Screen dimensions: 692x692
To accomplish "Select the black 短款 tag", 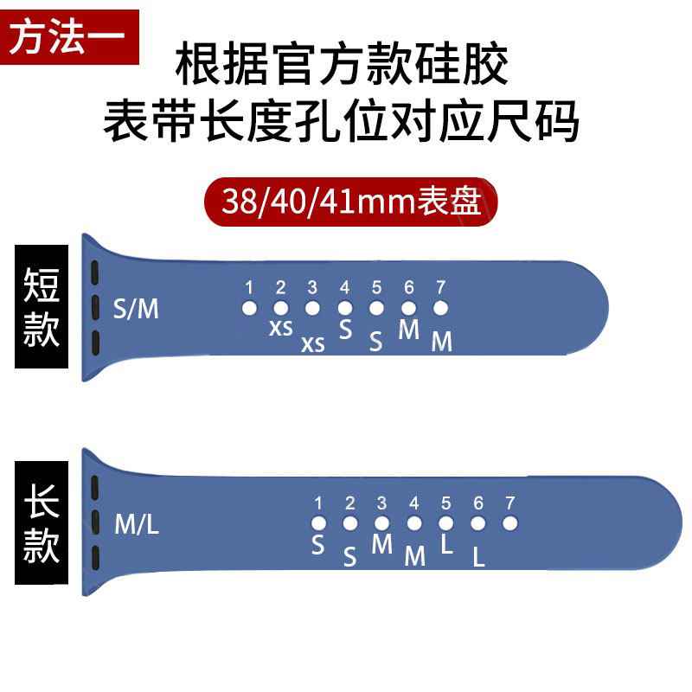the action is click(41, 307).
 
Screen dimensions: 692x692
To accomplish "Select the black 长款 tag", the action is click(41, 522).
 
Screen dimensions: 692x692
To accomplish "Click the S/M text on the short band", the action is click(136, 308).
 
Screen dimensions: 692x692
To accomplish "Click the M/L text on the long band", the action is click(137, 523).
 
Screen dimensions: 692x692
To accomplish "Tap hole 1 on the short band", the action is click(249, 307).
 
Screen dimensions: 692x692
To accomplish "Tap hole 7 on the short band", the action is click(441, 307).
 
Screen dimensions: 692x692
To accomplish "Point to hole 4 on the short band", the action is click(345, 307).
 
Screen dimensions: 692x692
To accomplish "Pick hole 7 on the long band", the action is click(509, 522).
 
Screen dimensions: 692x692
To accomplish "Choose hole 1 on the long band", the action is click(318, 522).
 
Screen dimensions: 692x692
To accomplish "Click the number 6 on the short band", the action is click(409, 288).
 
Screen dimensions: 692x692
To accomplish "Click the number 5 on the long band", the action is click(446, 503).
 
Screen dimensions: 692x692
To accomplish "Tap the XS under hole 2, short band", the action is click(280, 328).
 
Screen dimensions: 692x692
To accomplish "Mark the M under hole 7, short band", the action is click(441, 343).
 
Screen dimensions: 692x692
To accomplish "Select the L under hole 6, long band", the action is click(478, 558).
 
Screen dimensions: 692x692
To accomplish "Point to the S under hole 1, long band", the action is click(318, 546).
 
